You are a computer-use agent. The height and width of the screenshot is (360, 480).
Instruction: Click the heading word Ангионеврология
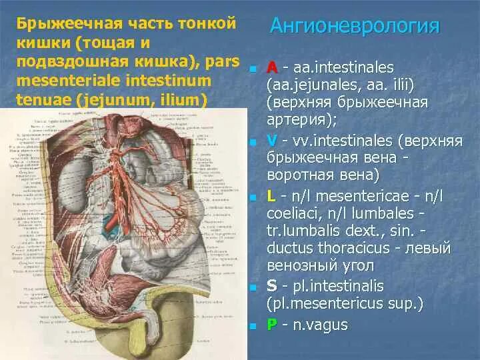point(355,27)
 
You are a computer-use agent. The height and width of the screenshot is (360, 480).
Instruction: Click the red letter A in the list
point(272,68)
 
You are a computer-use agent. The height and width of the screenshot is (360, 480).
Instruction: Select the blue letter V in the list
point(272,141)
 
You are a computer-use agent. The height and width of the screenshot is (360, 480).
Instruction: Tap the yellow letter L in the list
point(271,196)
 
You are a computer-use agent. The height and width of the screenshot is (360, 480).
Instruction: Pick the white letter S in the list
point(272,286)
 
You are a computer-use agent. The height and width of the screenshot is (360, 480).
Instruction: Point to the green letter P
point(272,324)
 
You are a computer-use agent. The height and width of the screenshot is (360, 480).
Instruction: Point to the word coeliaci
point(293,214)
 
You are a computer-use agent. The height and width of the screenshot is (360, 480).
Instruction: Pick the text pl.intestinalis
point(336,286)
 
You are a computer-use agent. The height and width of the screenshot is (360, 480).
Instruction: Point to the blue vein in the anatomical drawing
point(109,227)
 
